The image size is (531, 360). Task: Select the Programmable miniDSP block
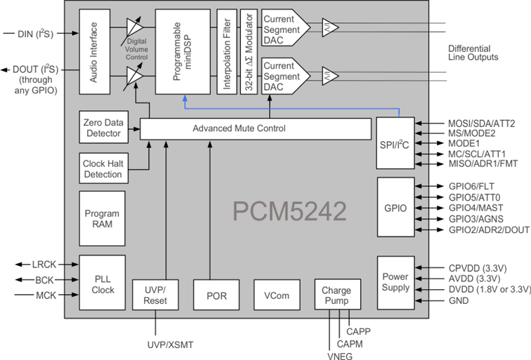[x=183, y=53]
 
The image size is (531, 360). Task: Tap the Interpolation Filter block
[x=225, y=53]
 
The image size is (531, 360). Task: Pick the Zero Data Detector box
[x=102, y=128]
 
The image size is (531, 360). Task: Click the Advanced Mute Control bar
[x=255, y=129]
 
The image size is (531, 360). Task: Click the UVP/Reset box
[x=155, y=295]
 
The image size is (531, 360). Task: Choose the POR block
[x=216, y=295]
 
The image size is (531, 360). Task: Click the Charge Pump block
[x=336, y=295]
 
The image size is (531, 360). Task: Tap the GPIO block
[x=396, y=209]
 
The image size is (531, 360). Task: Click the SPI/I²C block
[x=396, y=143]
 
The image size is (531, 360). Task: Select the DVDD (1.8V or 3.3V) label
[x=489, y=289]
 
